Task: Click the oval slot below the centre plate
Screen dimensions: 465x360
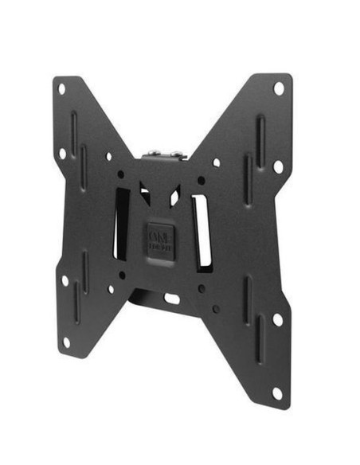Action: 171,299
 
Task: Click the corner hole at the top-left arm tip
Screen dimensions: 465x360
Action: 61,88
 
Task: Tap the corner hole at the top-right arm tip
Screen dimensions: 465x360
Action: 279,88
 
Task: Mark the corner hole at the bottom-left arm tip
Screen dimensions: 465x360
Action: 66,342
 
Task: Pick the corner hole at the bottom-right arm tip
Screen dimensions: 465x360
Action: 276,393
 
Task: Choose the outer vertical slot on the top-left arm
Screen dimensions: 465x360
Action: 74,131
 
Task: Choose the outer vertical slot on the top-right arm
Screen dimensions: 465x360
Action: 260,139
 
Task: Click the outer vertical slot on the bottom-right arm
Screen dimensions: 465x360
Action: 260,338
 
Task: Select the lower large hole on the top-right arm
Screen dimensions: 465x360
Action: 278,166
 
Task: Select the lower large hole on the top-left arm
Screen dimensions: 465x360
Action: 62,154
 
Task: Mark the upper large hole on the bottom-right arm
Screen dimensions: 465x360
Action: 277,318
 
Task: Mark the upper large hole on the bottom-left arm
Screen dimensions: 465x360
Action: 65,280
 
